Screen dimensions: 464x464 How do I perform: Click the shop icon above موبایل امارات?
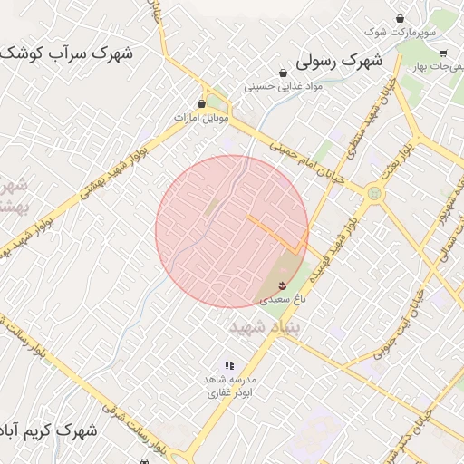[x=201, y=103]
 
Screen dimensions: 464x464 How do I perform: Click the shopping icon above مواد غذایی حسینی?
[x=284, y=72]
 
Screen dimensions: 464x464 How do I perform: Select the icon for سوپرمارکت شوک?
[x=401, y=18]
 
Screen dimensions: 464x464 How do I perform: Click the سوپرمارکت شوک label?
[x=400, y=33]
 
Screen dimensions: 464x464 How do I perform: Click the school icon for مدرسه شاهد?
[x=228, y=365]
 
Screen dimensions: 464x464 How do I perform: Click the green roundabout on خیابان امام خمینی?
[x=373, y=194]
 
